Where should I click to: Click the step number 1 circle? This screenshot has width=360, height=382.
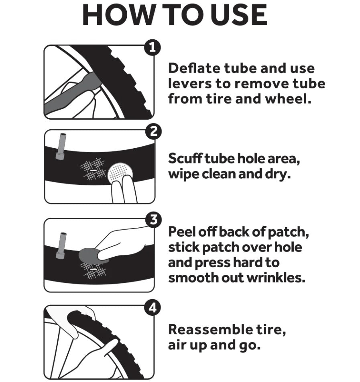click(x=153, y=47)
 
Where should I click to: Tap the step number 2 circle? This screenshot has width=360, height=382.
click(x=153, y=132)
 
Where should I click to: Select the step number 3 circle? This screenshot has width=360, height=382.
click(x=153, y=220)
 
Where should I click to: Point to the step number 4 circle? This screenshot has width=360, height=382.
click(x=153, y=308)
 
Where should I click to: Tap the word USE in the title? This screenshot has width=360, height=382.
click(x=239, y=15)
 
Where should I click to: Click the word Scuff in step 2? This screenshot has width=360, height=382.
click(x=185, y=159)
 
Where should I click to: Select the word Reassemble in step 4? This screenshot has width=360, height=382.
click(x=211, y=329)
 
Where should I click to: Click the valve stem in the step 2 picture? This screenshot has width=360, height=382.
click(x=61, y=147)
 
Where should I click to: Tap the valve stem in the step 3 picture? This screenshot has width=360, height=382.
click(x=61, y=245)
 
